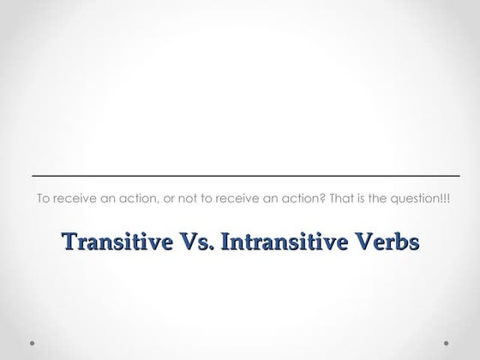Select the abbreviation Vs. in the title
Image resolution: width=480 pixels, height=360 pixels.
point(195,242)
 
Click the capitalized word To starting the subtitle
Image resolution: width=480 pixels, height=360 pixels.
point(43,198)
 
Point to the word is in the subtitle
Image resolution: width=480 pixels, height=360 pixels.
point(328,198)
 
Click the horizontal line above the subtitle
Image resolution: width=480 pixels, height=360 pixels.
point(240,176)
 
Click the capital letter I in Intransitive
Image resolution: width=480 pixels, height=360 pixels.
point(226,242)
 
